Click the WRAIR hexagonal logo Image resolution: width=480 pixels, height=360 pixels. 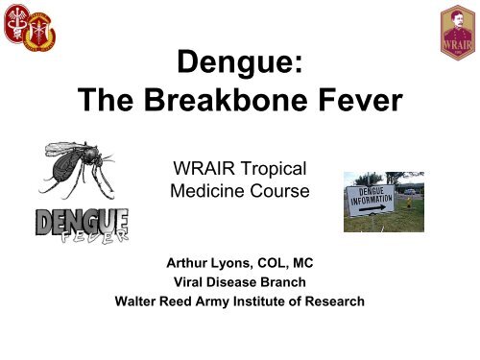tap(458, 33)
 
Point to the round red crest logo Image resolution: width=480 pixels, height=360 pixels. tap(16, 23)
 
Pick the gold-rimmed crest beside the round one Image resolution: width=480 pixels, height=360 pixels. tap(39, 33)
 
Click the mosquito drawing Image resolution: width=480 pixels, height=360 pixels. tap(77, 170)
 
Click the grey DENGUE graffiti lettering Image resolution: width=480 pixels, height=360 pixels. tap(82, 222)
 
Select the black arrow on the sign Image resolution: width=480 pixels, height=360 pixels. tap(372, 208)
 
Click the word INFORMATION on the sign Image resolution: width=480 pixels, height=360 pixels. tap(372, 200)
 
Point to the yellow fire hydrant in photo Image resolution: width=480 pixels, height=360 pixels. tap(409, 203)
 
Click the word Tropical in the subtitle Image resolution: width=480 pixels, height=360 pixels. tap(274, 169)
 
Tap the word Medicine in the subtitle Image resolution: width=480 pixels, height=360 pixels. tap(207, 191)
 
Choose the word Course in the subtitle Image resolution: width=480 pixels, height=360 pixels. tap(279, 191)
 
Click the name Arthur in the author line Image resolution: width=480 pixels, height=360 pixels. tap(185, 263)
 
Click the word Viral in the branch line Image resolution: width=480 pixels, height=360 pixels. tap(188, 282)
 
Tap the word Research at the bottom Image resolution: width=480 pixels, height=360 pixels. tap(334, 301)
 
